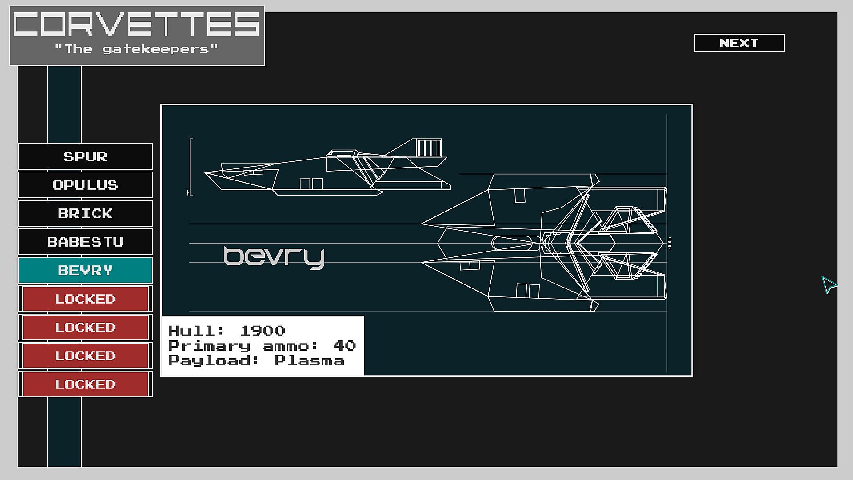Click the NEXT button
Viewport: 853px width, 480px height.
(x=739, y=43)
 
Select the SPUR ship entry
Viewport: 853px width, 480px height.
(x=85, y=156)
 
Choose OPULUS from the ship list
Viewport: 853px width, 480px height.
(x=85, y=185)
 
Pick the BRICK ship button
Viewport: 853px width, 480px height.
(x=85, y=213)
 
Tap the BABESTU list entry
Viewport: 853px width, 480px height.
(x=85, y=242)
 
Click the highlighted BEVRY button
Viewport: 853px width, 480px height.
(x=85, y=270)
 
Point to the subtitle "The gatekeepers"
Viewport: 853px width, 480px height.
(x=136, y=49)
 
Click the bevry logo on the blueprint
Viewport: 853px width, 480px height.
(x=274, y=257)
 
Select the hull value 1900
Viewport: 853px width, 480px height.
(x=262, y=331)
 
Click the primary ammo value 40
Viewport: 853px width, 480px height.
(x=344, y=346)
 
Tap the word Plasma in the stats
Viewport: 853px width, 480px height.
(x=309, y=360)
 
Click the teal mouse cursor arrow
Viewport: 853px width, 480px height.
(x=828, y=284)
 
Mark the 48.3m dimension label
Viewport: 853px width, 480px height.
(x=670, y=243)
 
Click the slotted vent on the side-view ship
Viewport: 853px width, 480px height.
(x=429, y=148)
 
